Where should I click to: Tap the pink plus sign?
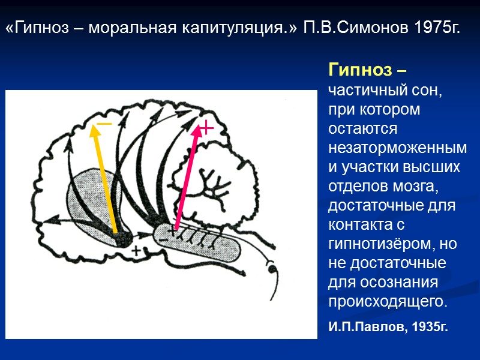(206, 127)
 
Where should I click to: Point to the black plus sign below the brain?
(137, 251)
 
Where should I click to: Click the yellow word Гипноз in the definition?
(359, 71)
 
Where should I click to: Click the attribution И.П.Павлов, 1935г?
(388, 327)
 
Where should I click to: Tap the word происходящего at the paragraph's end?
(387, 301)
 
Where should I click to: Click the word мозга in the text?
(413, 187)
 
